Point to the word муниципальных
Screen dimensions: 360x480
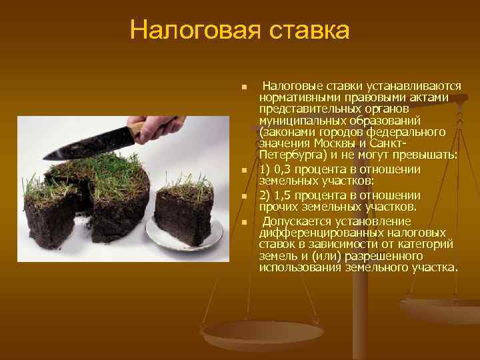[301, 121]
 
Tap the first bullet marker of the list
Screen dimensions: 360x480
[245, 87]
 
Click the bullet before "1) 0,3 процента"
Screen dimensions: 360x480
[245, 171]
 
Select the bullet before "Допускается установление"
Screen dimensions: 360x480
[245, 223]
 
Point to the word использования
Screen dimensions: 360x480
[301, 267]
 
